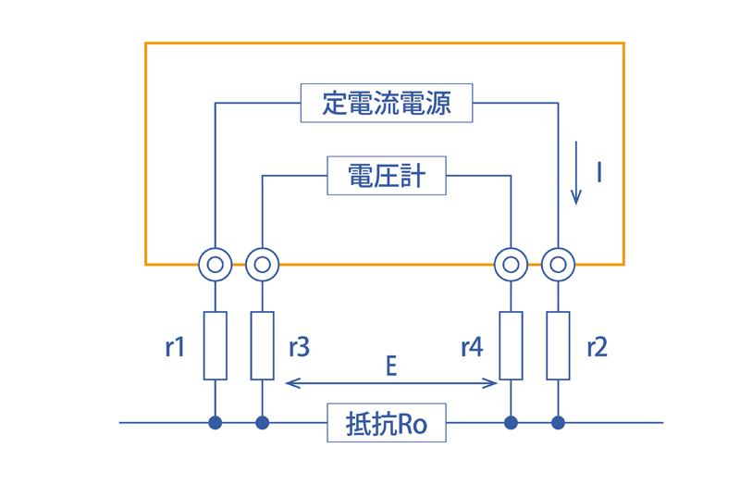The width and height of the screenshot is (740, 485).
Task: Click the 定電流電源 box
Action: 388,103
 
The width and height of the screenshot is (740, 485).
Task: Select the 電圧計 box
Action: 388,176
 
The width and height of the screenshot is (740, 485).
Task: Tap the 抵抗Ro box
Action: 386,425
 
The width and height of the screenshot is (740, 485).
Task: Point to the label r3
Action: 299,347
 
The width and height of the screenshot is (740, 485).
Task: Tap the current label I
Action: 600,171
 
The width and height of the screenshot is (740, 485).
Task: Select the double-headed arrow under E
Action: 392,383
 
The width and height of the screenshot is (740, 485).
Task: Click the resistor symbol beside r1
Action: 215,346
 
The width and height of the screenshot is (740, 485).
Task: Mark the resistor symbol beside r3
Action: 262,346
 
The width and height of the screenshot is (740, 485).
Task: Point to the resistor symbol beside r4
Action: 512,346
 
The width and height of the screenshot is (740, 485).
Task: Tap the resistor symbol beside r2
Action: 558,346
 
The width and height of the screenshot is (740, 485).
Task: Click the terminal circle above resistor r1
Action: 215,266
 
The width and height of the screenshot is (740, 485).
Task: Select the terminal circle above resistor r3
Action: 262,266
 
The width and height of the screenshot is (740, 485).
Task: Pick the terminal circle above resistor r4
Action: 512,266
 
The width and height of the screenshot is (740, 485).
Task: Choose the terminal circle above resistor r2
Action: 558,266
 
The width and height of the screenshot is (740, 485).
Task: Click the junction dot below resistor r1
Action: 215,424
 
